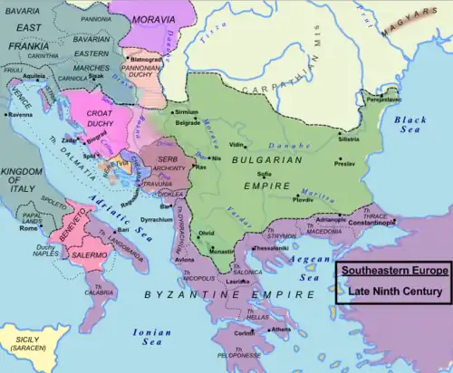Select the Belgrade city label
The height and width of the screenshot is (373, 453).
tap(188, 122)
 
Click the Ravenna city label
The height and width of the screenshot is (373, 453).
tap(20, 115)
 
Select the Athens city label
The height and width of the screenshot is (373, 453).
tap(282, 330)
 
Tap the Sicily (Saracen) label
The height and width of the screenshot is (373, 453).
tap(28, 345)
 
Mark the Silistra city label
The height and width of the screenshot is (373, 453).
tap(348, 140)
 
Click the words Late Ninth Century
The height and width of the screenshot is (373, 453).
tap(392, 292)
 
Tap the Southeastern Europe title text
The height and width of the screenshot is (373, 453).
tap(392, 271)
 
